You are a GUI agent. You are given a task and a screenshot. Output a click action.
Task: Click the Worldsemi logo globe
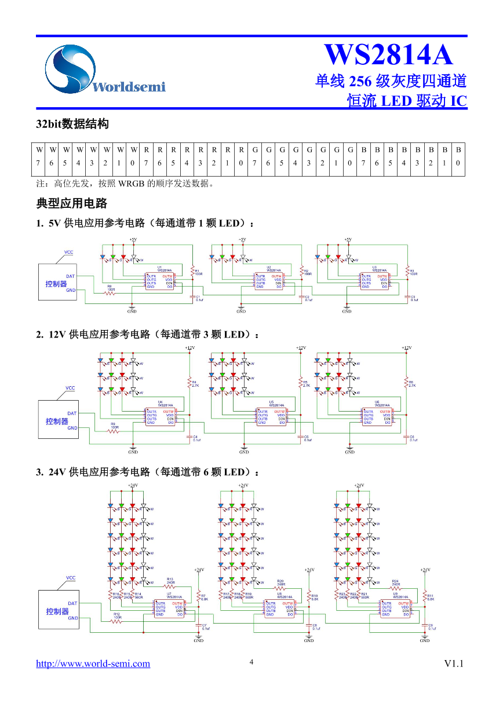pos(70,68)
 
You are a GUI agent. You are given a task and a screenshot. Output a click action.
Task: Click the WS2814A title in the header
pos(388,55)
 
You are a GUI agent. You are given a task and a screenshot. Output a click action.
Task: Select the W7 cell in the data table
pos(38,156)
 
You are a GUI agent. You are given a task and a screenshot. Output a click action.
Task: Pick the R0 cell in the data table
pos(241,156)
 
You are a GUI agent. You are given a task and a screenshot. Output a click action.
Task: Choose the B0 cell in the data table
pos(458,156)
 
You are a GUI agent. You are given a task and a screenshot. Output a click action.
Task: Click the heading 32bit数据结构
pos(72,124)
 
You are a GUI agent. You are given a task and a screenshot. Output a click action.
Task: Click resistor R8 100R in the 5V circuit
pos(110,291)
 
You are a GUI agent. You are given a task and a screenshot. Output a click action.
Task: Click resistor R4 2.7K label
pos(195,383)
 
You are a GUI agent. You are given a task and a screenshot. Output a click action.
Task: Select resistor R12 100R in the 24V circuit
pos(118,619)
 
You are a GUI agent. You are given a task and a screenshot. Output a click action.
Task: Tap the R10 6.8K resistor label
pos(315,598)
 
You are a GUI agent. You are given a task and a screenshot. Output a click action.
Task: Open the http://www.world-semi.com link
pos(93,664)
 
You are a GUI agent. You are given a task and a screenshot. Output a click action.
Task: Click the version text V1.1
pos(454,664)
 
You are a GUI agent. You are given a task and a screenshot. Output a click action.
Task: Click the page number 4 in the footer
pos(251,661)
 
